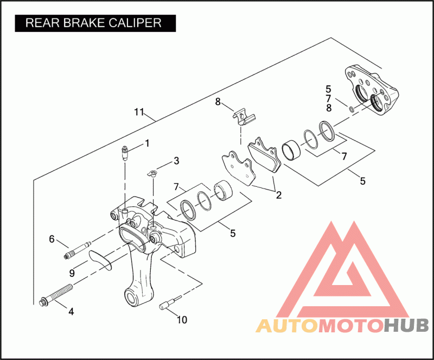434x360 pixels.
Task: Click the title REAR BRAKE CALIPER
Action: (x=94, y=23)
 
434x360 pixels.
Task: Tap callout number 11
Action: (x=139, y=112)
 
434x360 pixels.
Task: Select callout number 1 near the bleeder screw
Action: (x=146, y=144)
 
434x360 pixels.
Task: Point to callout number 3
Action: (x=176, y=161)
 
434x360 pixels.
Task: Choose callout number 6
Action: (x=52, y=238)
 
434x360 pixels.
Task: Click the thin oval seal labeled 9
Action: (x=100, y=258)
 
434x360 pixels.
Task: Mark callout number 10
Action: (x=182, y=320)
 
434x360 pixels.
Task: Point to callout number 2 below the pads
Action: (x=278, y=194)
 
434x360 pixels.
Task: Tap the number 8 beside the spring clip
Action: (x=218, y=102)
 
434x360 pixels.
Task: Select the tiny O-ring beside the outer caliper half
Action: (x=352, y=110)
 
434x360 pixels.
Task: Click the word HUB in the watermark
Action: (x=406, y=326)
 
